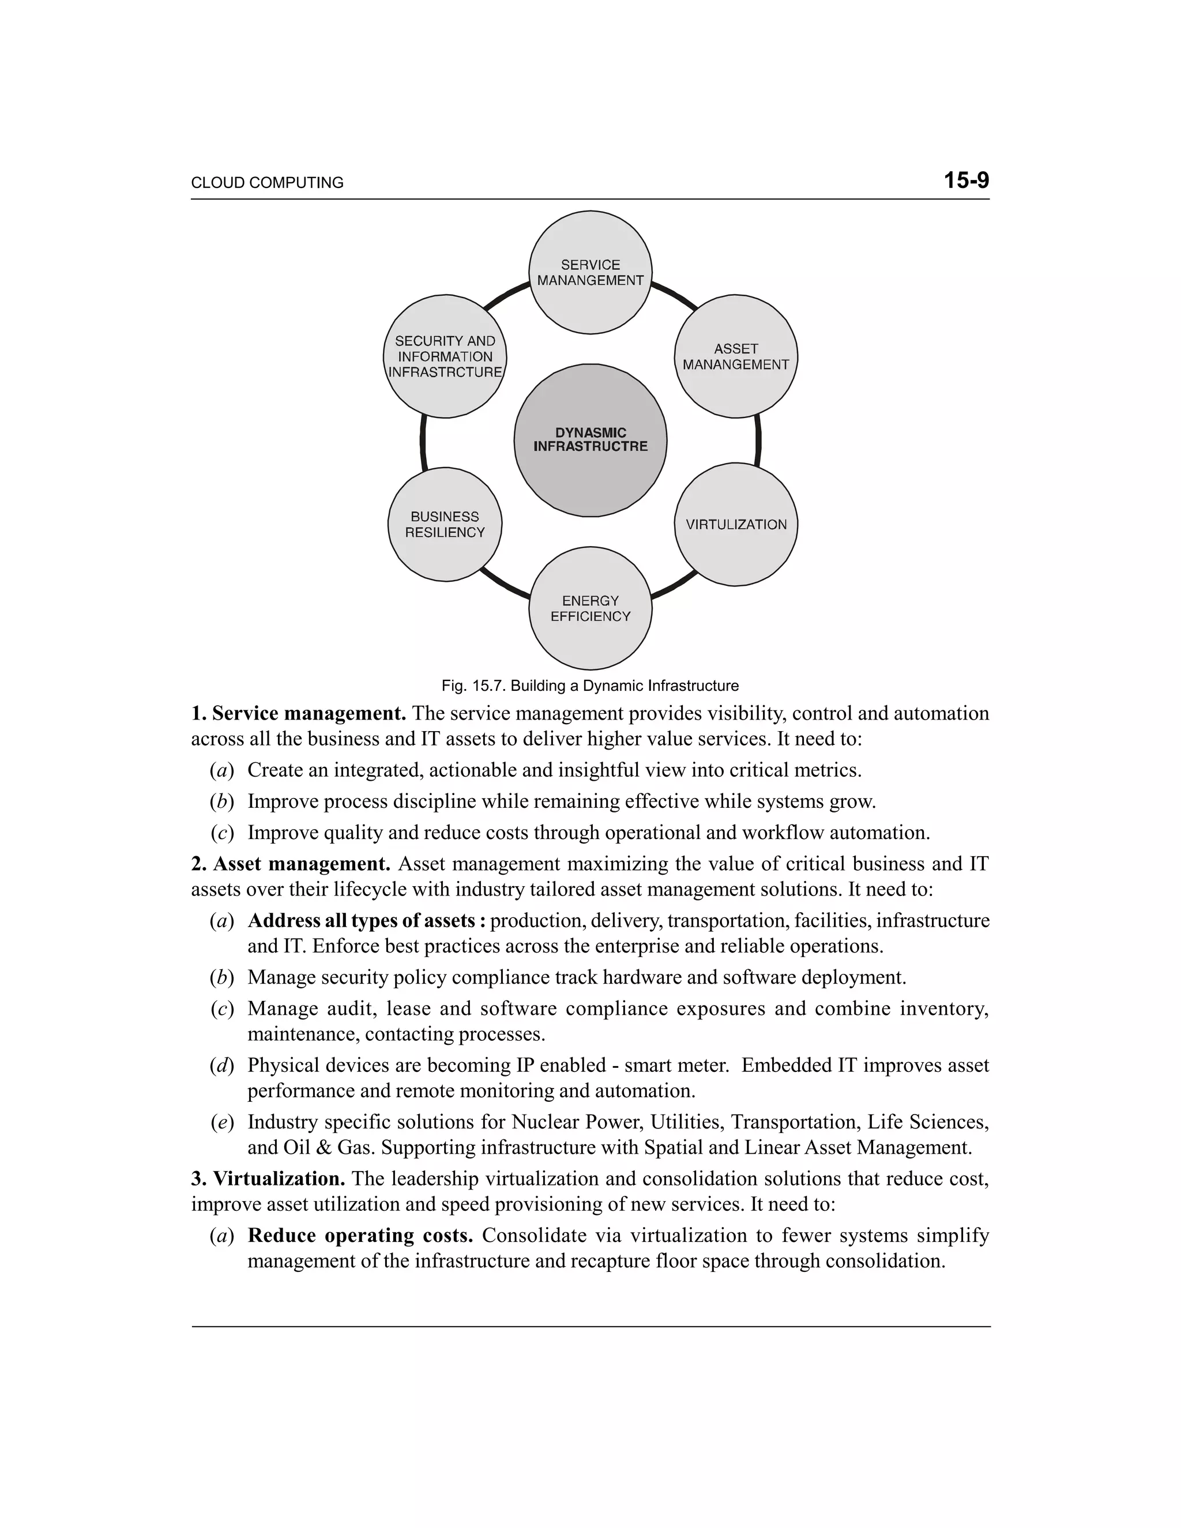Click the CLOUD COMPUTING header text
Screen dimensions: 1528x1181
(x=267, y=183)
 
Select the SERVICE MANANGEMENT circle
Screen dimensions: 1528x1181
(x=590, y=273)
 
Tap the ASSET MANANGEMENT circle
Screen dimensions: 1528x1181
(x=735, y=357)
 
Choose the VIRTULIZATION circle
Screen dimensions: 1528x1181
(x=735, y=525)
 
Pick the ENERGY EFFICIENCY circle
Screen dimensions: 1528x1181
(x=590, y=609)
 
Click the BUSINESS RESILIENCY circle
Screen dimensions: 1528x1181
(x=445, y=525)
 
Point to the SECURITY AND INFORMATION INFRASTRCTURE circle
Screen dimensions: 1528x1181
(x=445, y=357)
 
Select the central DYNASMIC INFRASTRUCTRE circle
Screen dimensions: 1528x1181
(x=590, y=440)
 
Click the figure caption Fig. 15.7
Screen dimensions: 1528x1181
(x=590, y=686)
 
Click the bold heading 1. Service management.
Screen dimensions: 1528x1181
(x=299, y=714)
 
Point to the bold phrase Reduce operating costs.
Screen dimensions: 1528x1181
(x=360, y=1236)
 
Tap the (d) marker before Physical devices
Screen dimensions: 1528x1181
(x=221, y=1066)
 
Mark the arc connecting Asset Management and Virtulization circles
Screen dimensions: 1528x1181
(x=758, y=441)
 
